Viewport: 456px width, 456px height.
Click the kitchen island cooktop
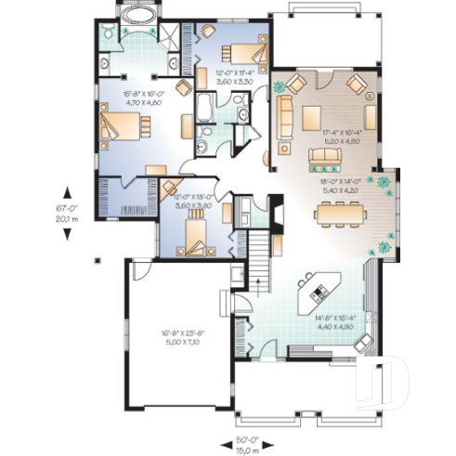coord(317,293)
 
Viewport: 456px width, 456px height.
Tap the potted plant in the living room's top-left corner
coord(280,88)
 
